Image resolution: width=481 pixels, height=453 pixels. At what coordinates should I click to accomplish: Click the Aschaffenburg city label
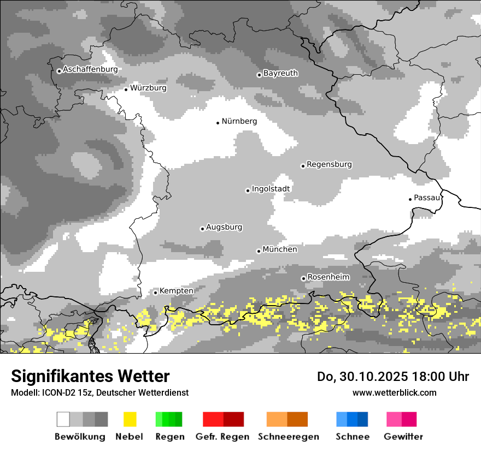click(x=90, y=69)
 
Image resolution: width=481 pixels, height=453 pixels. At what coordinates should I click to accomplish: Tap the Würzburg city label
click(x=148, y=88)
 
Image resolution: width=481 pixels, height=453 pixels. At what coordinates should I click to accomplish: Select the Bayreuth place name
click(x=280, y=73)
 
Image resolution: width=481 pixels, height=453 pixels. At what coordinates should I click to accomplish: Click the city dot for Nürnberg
click(x=218, y=123)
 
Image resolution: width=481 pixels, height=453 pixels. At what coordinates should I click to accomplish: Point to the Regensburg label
click(x=329, y=164)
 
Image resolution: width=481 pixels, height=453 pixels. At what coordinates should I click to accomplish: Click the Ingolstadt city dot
click(x=248, y=190)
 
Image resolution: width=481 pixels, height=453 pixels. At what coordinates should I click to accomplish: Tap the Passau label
click(x=427, y=198)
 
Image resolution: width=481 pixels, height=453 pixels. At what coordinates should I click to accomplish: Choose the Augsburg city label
click(x=224, y=227)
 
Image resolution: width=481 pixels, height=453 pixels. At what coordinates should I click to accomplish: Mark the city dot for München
click(x=259, y=251)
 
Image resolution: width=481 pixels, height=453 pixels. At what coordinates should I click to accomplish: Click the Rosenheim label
click(x=328, y=277)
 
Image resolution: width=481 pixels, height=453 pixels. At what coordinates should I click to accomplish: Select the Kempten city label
click(x=176, y=291)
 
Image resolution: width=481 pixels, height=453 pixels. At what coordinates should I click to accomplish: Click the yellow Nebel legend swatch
click(x=130, y=419)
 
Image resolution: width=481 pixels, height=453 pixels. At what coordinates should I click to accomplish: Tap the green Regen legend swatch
click(x=169, y=419)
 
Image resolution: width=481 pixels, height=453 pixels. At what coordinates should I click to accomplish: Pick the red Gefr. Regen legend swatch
click(x=223, y=419)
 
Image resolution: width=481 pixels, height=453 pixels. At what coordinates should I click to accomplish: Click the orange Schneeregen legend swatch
click(x=287, y=419)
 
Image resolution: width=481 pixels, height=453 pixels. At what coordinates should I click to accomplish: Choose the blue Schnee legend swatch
click(x=352, y=419)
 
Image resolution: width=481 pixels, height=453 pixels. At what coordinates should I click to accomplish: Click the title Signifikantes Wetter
click(x=90, y=376)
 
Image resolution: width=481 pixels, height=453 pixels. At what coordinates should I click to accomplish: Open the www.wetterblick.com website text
click(x=394, y=392)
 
